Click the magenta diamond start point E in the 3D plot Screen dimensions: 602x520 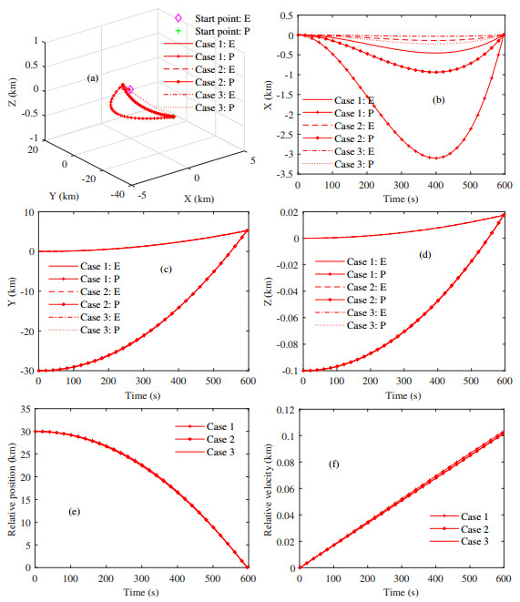[x=130, y=89]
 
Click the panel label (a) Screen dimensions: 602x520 [x=92, y=78]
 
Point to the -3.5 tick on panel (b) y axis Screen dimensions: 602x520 [x=286, y=172]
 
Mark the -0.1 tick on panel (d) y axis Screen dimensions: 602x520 [x=280, y=371]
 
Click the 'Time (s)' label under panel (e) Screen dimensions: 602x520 [x=141, y=592]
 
